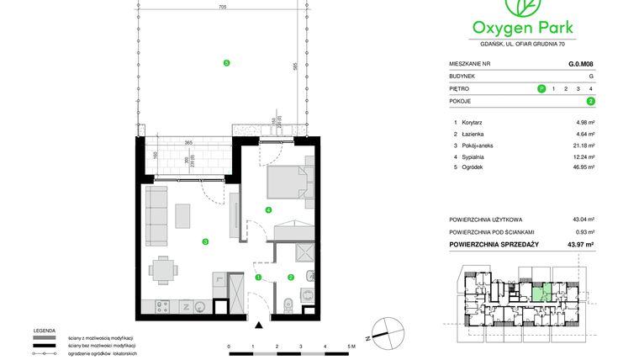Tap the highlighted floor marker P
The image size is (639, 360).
(541, 88)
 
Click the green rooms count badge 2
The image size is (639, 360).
(591, 101)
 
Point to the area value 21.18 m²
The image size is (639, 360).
(584, 145)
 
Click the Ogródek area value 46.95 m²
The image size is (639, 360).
(584, 167)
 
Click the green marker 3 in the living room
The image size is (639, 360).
(204, 241)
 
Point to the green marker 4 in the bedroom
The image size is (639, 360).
(268, 209)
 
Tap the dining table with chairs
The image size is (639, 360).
(164, 271)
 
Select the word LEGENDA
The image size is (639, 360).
(44, 331)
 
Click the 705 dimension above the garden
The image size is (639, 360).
(222, 7)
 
